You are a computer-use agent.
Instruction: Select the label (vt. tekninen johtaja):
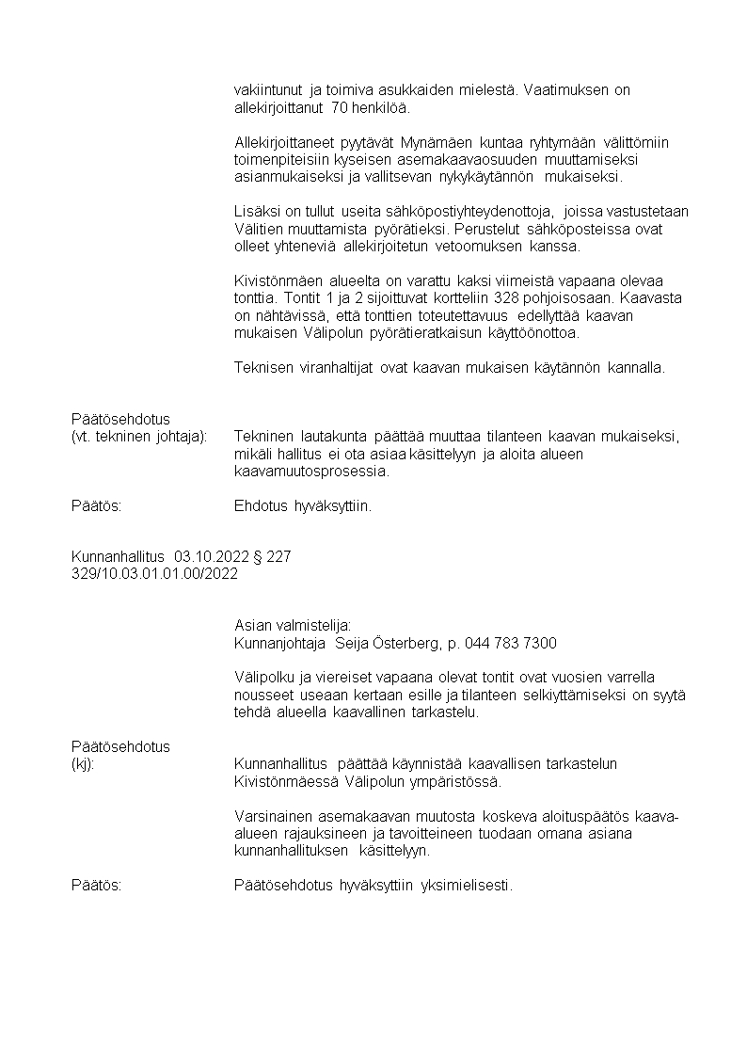[x=139, y=437]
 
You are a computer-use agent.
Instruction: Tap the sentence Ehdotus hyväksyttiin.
[x=303, y=506]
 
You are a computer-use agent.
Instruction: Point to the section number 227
[x=278, y=557]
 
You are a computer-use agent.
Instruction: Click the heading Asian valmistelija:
[x=293, y=626]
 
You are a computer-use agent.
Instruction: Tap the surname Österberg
[x=409, y=644]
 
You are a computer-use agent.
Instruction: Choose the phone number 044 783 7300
[x=510, y=644]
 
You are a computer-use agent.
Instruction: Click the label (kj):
[x=83, y=764]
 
